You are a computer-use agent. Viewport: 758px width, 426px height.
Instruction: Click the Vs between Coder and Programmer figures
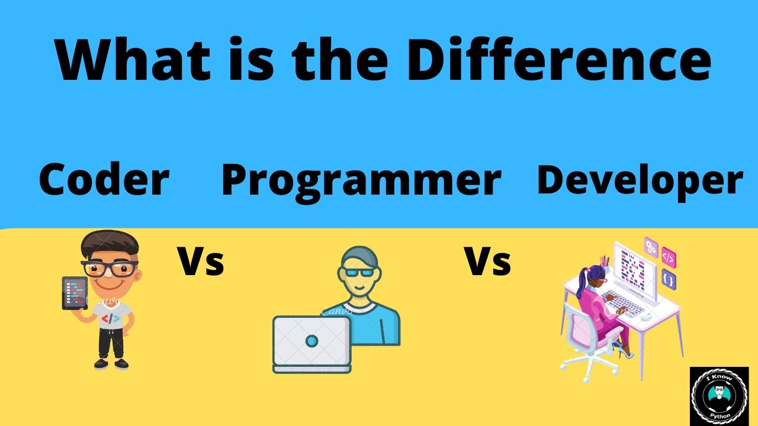(x=201, y=262)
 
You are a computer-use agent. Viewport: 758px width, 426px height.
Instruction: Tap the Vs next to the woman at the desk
(x=487, y=262)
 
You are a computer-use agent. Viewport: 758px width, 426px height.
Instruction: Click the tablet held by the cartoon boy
(x=75, y=293)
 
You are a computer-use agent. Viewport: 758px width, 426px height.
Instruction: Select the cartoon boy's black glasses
(x=110, y=269)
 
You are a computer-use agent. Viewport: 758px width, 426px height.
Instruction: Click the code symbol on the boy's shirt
(x=111, y=318)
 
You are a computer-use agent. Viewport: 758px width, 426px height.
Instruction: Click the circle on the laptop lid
(x=311, y=340)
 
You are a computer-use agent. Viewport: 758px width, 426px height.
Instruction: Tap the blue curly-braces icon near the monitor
(x=669, y=279)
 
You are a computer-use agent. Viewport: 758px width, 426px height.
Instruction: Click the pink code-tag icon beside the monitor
(x=669, y=257)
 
